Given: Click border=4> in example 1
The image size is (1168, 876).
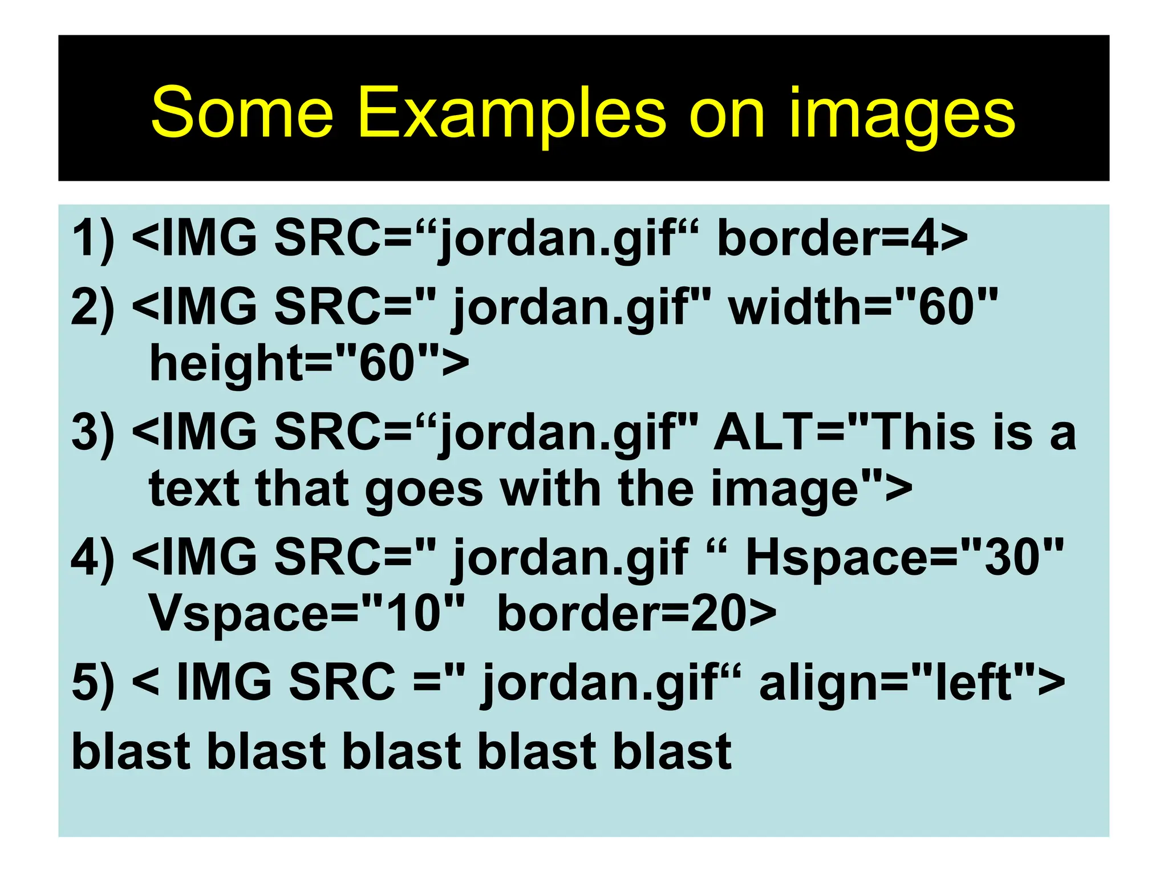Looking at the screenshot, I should point(842,238).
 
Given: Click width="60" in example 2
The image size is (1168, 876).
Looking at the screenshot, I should point(863,307).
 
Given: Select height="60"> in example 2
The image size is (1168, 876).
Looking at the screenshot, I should point(309,364).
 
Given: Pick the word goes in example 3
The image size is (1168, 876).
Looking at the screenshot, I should point(424,489).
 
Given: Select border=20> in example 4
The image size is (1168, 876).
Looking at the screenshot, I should point(636,614).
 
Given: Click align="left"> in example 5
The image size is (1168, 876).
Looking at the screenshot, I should point(912,682).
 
